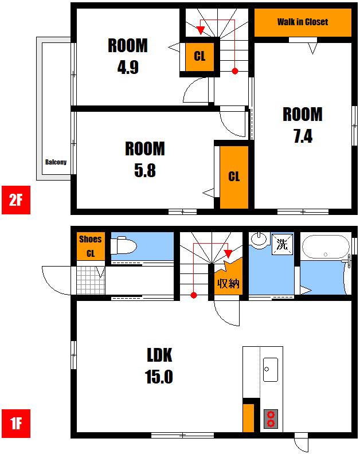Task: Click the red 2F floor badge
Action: point(16,200)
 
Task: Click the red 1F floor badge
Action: point(16,423)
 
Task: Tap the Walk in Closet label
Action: point(303,22)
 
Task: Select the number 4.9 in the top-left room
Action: point(128,67)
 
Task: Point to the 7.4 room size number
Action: point(303,136)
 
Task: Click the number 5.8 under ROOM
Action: point(145,171)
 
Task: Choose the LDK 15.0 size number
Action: point(159,377)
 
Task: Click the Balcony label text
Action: point(56,162)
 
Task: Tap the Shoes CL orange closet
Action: point(91,246)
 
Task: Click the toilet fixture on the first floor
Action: point(124,245)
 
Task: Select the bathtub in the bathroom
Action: point(326,246)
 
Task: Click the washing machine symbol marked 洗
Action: point(283,244)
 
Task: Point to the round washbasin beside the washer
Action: point(259,240)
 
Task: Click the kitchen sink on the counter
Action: point(271,370)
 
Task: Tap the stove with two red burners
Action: point(271,419)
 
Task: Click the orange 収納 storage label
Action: point(229,283)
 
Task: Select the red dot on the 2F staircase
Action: point(235,71)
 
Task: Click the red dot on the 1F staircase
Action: point(194,295)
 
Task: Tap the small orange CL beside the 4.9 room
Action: point(199,57)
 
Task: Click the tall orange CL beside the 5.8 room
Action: point(234,177)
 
